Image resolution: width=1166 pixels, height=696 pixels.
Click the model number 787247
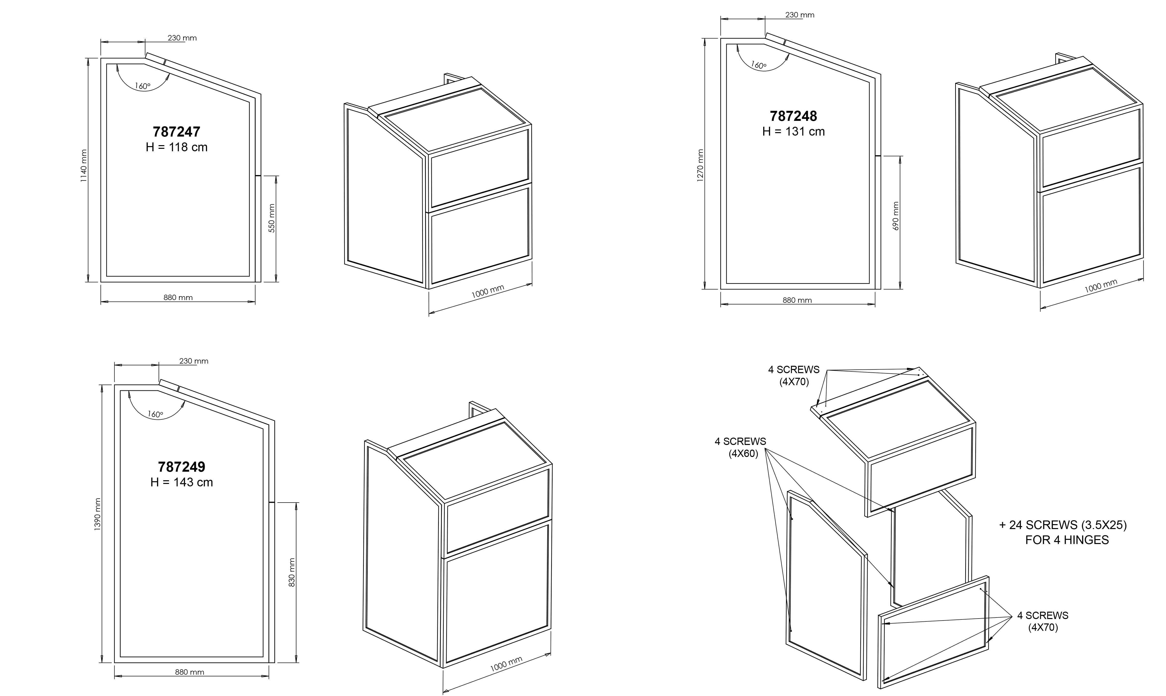click(176, 132)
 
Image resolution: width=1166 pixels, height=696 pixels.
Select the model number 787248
click(793, 116)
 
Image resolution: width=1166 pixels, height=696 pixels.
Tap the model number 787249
click(181, 467)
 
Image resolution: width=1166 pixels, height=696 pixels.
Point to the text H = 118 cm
click(176, 147)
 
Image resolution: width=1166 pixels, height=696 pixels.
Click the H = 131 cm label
click(793, 132)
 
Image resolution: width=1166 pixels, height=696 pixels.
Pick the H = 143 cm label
click(181, 482)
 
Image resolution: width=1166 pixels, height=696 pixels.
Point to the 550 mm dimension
click(272, 218)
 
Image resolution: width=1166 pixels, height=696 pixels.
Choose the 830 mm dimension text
click(292, 573)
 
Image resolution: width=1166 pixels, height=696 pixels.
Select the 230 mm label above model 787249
click(194, 361)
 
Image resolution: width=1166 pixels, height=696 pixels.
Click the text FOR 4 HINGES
click(1067, 540)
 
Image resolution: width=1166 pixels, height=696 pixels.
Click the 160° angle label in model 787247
click(143, 86)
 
